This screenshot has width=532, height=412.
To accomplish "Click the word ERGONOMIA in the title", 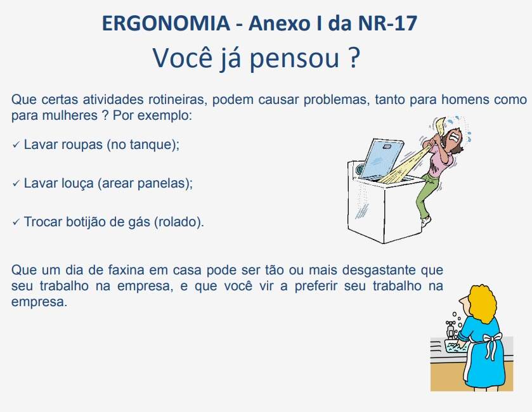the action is (166, 23).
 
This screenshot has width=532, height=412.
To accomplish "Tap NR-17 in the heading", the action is (387, 23).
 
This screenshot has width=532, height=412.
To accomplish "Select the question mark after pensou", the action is (354, 58).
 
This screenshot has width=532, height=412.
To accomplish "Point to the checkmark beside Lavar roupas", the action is (16, 145).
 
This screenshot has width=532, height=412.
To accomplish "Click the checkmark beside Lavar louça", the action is (16, 183).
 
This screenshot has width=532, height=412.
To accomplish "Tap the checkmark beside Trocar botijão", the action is (16, 222).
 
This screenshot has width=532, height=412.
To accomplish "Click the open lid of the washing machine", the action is (380, 158).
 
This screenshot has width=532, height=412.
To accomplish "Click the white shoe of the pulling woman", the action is (426, 221).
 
